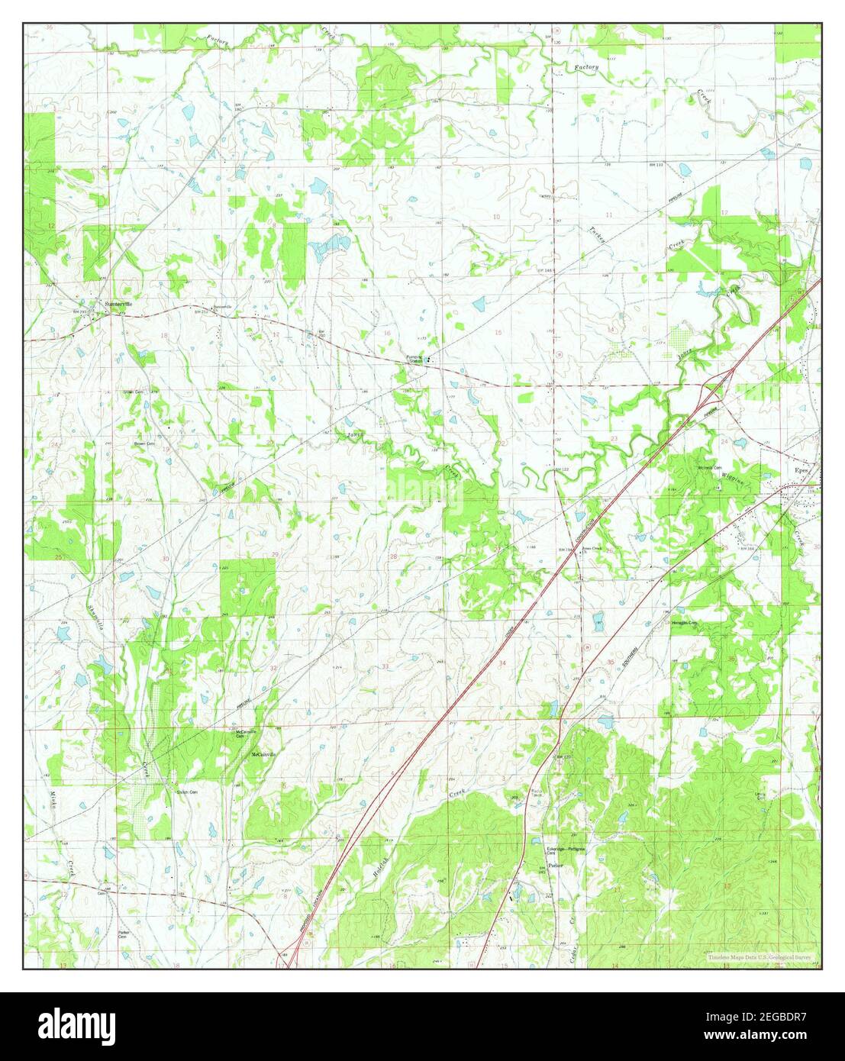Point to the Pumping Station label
pos(414,358)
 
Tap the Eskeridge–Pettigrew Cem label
pos(565,850)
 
